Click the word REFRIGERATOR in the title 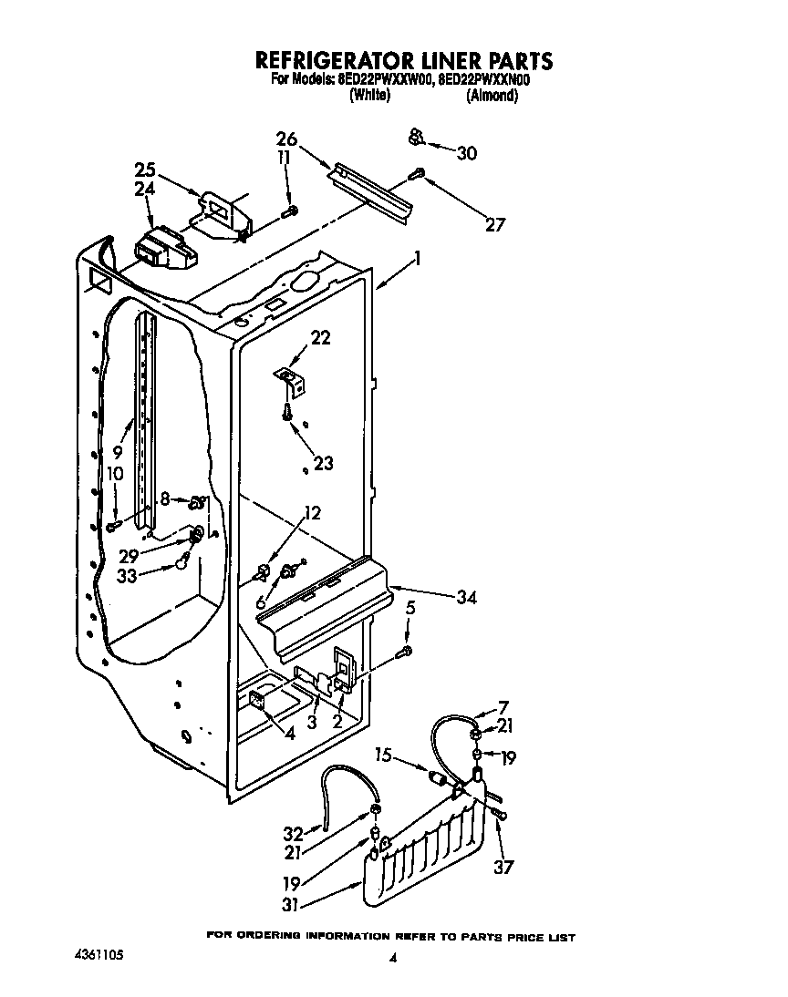(x=339, y=61)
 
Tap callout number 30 (x=466, y=153)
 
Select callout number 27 (x=494, y=225)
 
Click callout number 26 (x=286, y=139)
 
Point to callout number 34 (x=466, y=598)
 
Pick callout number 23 (x=323, y=463)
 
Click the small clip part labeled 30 (x=415, y=138)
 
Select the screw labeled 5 (x=407, y=651)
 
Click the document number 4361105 (x=99, y=956)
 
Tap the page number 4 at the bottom (x=393, y=958)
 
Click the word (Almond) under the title (x=492, y=96)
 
